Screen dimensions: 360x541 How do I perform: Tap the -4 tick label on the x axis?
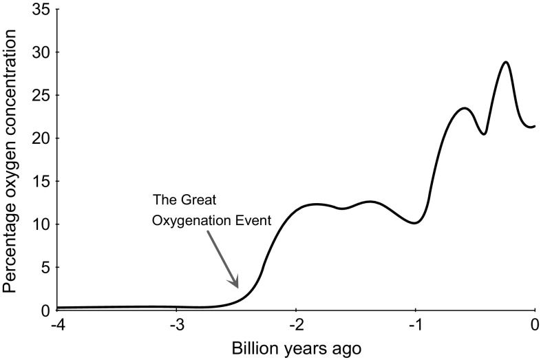click(x=56, y=324)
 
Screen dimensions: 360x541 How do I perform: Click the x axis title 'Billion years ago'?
click(x=295, y=347)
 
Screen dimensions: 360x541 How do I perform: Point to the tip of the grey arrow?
click(x=238, y=287)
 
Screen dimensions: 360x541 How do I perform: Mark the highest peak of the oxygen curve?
click(x=506, y=62)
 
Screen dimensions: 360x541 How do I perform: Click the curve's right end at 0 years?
click(x=534, y=126)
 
